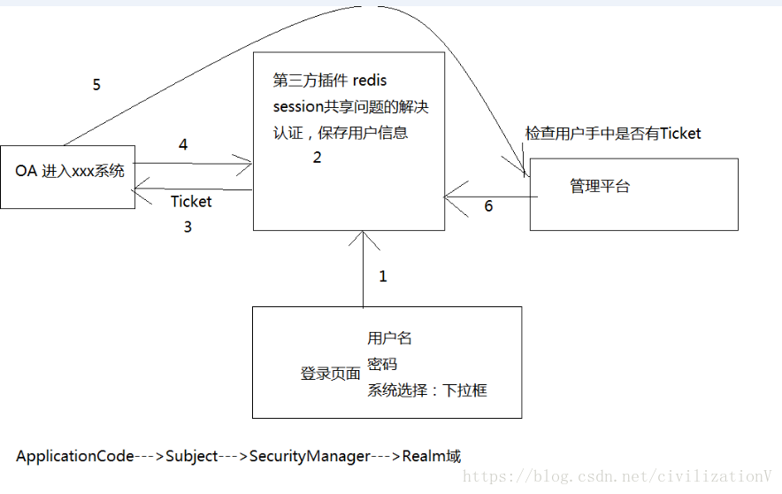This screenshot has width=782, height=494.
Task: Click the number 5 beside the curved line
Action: [x=96, y=85]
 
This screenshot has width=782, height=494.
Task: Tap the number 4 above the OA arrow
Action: [x=183, y=144]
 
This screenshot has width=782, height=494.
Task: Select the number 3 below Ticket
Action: [x=188, y=227]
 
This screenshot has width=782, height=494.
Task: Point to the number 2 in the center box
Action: [x=317, y=158]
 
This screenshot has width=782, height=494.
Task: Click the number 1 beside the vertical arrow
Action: [x=383, y=276]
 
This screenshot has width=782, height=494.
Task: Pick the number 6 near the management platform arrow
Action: [x=488, y=206]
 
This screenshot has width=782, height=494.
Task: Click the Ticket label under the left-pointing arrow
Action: [x=191, y=202]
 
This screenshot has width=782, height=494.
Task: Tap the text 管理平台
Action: [x=600, y=187]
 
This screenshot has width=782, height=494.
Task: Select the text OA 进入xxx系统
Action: [x=70, y=170]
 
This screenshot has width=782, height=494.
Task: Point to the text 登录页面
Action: [x=330, y=374]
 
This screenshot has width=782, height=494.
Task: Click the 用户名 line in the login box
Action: [x=389, y=338]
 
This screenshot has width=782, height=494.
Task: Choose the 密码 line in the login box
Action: [x=382, y=364]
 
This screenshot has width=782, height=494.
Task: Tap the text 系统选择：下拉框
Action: [x=427, y=390]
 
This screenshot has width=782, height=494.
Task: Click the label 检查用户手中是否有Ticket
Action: [x=612, y=134]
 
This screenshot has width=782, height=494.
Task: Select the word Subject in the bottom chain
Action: [x=192, y=457]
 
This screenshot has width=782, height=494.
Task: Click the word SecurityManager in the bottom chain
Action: [x=310, y=457]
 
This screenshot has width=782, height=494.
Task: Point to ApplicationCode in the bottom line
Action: [x=75, y=457]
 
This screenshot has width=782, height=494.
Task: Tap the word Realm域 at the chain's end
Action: [x=432, y=457]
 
